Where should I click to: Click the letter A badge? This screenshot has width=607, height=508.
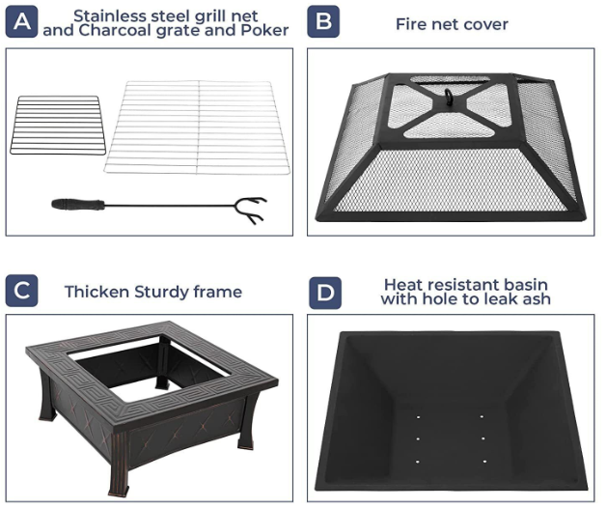tap(21, 21)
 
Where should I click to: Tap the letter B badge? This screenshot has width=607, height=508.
tap(323, 21)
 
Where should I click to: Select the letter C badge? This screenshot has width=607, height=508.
tap(21, 291)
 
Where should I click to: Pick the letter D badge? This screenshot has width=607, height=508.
tap(325, 293)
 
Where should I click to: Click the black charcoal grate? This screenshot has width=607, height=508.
tap(58, 125)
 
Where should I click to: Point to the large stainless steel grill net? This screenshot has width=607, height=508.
tap(198, 127)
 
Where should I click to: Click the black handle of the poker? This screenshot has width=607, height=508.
tap(78, 204)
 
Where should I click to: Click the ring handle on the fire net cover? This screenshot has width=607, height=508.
tap(449, 94)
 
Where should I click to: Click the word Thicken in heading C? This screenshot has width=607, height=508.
tap(97, 292)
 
